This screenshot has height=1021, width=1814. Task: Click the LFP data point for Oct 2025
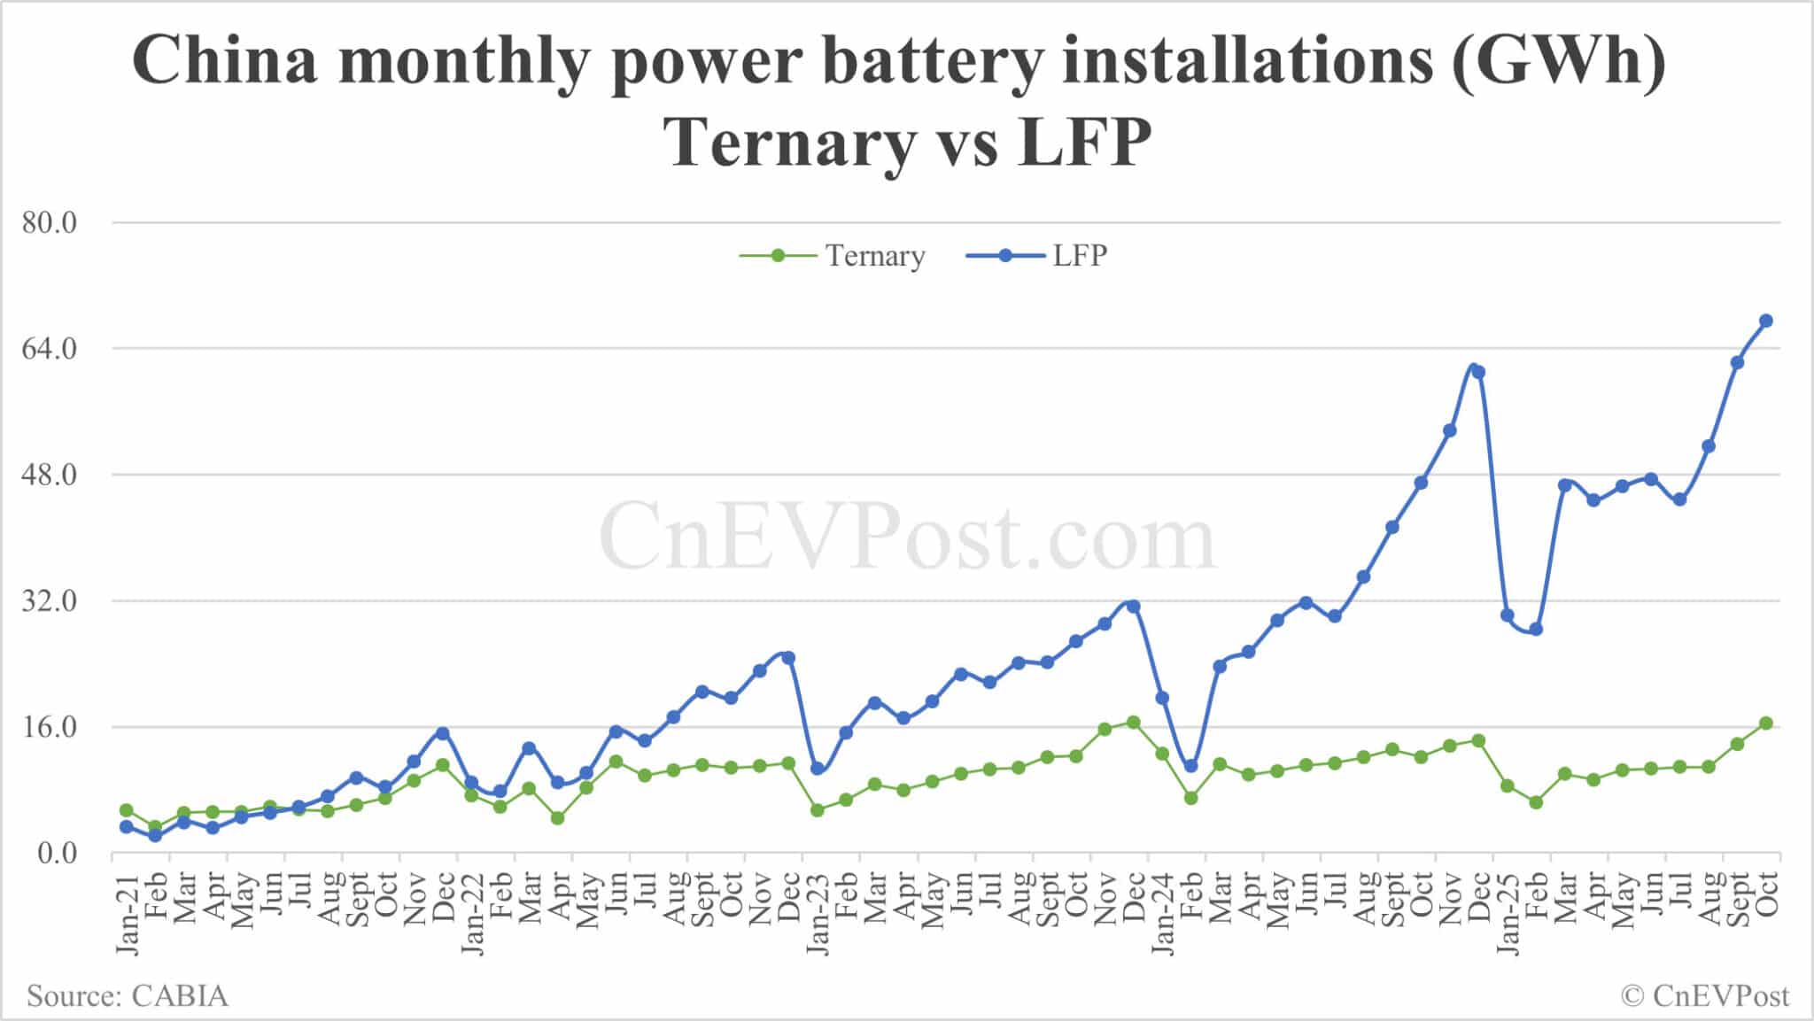1765,321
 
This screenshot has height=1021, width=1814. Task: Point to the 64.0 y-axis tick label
50,349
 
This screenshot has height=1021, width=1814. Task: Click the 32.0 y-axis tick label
50,601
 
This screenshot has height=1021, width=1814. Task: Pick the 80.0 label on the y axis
50,222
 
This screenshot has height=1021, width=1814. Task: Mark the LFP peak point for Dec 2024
1478,372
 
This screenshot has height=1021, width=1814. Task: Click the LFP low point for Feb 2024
1190,765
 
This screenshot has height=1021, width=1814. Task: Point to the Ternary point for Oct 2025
1765,723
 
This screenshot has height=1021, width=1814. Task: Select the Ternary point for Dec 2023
1133,723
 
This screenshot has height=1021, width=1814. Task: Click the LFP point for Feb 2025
1536,630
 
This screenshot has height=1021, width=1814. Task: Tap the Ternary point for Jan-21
127,810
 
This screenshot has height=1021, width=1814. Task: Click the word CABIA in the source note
180,996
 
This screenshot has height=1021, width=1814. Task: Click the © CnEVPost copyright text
1705,996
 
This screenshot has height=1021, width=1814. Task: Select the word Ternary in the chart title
788,142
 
